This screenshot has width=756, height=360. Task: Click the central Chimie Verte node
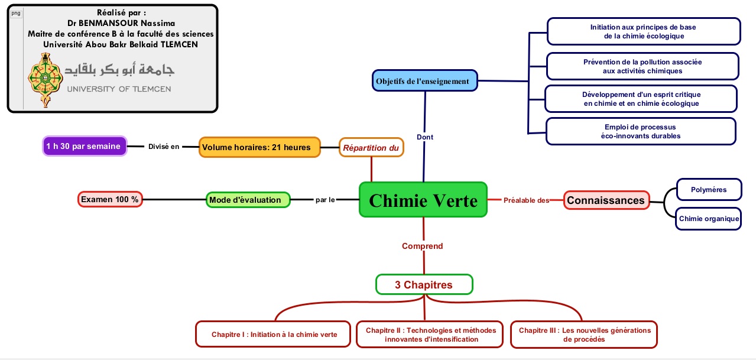(x=423, y=200)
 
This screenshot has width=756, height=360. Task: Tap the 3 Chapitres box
(x=424, y=285)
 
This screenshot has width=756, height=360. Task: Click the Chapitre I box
(x=274, y=335)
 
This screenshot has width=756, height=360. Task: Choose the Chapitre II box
(x=431, y=335)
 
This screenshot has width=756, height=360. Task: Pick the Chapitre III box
(x=584, y=335)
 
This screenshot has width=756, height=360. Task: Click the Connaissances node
(x=606, y=200)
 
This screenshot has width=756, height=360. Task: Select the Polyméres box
(x=709, y=190)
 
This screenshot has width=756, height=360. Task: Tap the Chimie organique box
(x=709, y=219)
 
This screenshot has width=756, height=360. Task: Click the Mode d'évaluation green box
(x=248, y=200)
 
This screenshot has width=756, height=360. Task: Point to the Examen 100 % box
(x=110, y=200)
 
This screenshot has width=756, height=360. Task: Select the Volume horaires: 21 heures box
(x=259, y=147)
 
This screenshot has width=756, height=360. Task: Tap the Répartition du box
(x=371, y=148)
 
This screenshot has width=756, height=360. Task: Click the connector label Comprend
(x=422, y=246)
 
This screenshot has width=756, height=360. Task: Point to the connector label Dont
(x=425, y=137)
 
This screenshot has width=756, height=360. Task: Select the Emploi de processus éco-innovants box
(x=641, y=131)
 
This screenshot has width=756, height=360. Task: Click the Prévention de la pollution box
(x=643, y=66)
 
